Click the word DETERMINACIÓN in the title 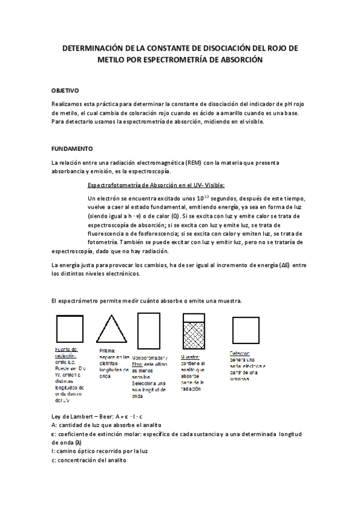click(96, 48)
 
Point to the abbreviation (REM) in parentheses click(194, 162)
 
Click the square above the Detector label click(245, 330)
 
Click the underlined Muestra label click(191, 356)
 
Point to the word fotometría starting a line click(104, 241)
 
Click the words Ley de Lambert click(75, 417)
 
